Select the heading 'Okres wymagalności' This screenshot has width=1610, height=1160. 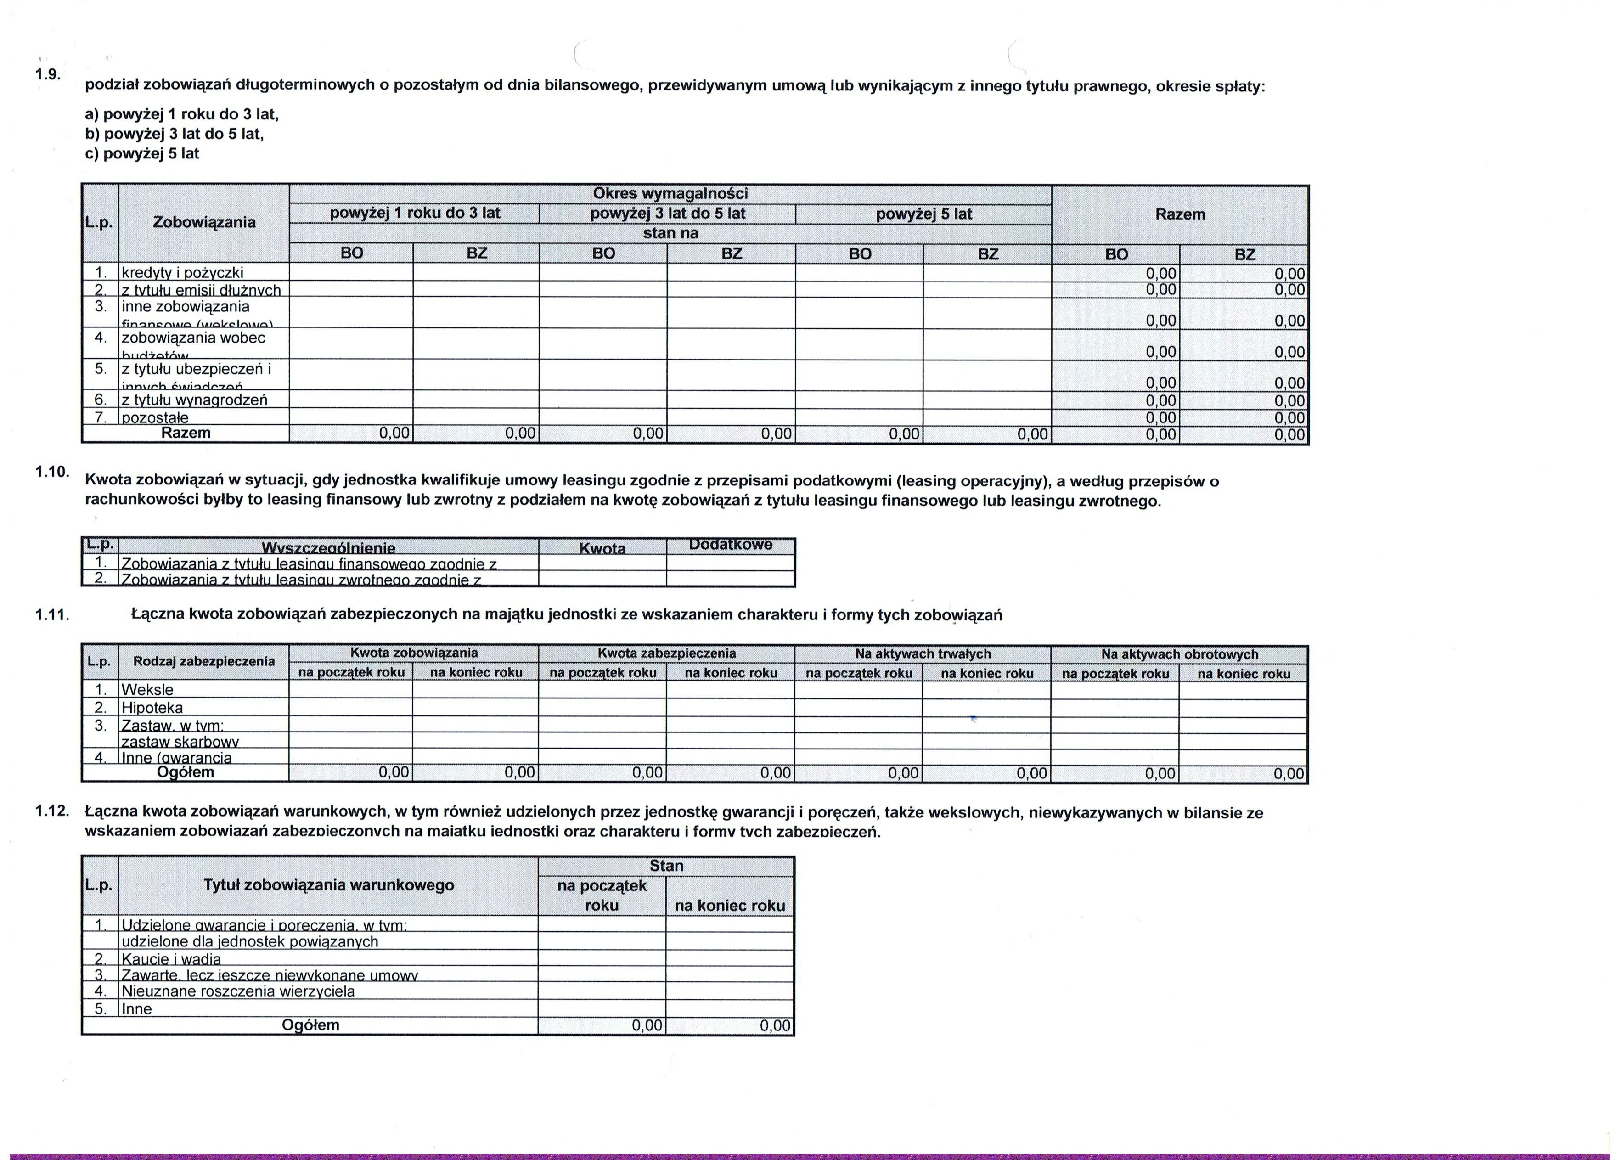point(670,193)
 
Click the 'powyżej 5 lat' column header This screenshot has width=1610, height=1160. point(923,214)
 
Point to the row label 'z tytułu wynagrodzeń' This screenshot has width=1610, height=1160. point(195,400)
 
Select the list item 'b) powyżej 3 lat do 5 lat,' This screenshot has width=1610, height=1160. point(174,134)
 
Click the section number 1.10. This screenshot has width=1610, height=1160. point(51,471)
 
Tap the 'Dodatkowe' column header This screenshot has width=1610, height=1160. point(731,545)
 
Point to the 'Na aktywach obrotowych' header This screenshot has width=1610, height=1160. point(1179,654)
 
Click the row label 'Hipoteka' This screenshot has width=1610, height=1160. point(152,708)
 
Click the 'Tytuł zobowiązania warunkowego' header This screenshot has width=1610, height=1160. point(329,885)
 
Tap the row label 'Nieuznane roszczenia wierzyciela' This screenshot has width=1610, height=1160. point(238,991)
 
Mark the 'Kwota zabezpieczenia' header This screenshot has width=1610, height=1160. point(667,653)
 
